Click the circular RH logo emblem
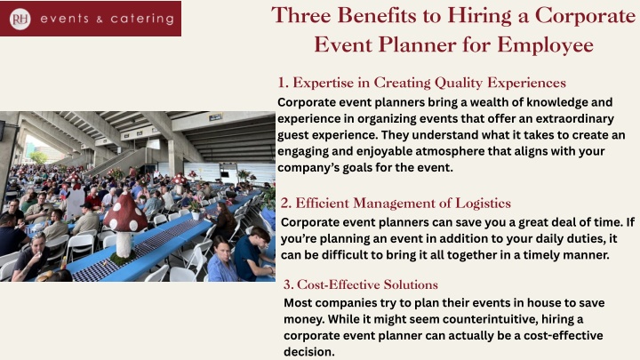pos(20,19)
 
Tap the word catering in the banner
pos(142,19)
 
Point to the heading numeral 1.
pos(283,83)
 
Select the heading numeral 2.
pos(285,204)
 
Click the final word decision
pos(309,351)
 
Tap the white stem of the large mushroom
pos(124,244)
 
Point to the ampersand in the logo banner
pos(100,20)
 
